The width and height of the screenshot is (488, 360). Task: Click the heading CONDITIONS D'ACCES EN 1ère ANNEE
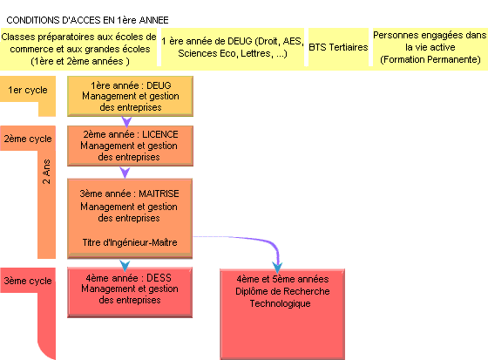click(87, 20)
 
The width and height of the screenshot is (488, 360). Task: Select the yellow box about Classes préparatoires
click(79, 49)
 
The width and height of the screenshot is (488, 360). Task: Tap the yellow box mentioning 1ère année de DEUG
click(233, 47)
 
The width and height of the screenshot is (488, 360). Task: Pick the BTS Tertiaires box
click(338, 47)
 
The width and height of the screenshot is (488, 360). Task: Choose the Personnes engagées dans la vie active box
click(430, 47)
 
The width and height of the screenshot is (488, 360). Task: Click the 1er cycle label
click(28, 90)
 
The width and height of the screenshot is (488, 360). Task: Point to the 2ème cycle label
click(28, 139)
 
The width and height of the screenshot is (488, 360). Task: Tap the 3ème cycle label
click(28, 281)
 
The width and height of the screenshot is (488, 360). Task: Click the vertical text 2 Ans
click(46, 172)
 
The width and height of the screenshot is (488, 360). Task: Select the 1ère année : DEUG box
click(130, 96)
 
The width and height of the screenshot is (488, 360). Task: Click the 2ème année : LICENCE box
click(130, 146)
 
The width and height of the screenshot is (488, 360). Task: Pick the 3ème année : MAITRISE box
click(130, 219)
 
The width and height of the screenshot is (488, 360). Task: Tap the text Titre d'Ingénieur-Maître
click(130, 242)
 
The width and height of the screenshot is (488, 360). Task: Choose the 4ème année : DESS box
click(130, 292)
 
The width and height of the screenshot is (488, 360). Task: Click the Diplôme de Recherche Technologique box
click(282, 314)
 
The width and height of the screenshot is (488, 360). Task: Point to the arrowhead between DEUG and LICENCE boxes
click(126, 122)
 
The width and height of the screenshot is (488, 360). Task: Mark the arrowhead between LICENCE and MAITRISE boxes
click(125, 173)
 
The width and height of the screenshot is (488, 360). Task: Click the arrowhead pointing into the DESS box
click(125, 266)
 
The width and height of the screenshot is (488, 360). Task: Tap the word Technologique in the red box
click(280, 303)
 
